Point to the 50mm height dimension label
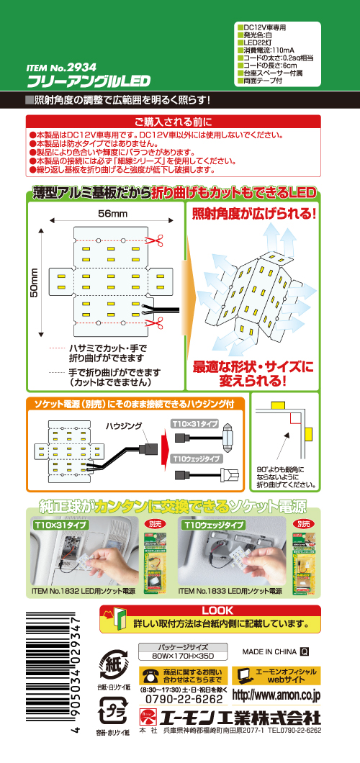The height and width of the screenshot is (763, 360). pos(34,286)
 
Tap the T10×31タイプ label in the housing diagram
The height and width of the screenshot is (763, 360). pos(194,423)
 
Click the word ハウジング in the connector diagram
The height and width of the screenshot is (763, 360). pos(125,425)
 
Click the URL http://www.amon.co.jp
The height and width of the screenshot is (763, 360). pos(276,696)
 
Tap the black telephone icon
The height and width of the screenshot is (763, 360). pos(150,675)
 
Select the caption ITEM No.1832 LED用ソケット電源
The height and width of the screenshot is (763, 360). pos(84,590)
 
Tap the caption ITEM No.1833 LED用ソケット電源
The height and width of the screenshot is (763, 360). pos(230,590)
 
